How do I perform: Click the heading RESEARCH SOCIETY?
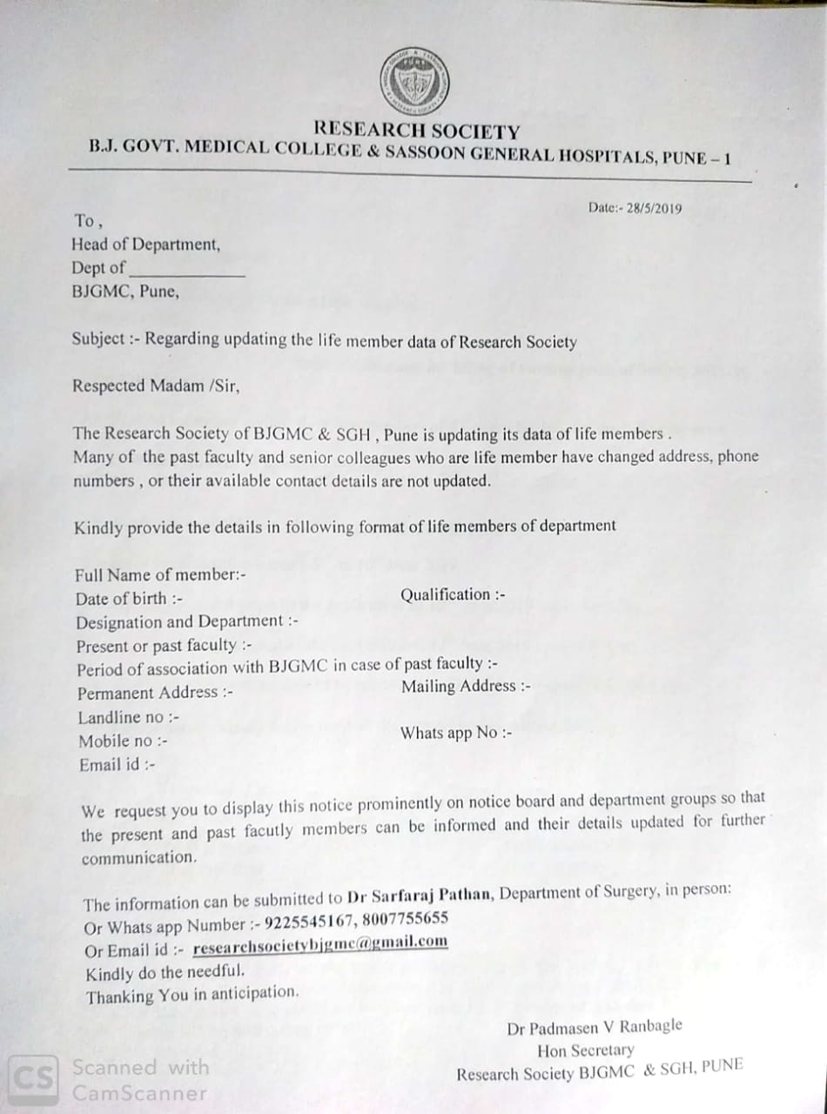tap(417, 131)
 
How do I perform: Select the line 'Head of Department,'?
tap(145, 245)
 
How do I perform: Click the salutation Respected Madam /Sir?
tap(155, 385)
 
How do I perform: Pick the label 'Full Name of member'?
tap(160, 574)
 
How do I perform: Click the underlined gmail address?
tap(320, 943)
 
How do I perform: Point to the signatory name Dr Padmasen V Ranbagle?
tap(595, 1027)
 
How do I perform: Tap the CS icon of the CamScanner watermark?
tap(34, 1079)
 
